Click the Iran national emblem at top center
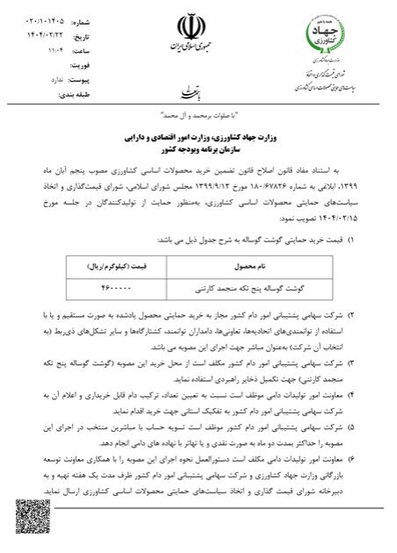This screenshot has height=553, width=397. click(198, 24)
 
